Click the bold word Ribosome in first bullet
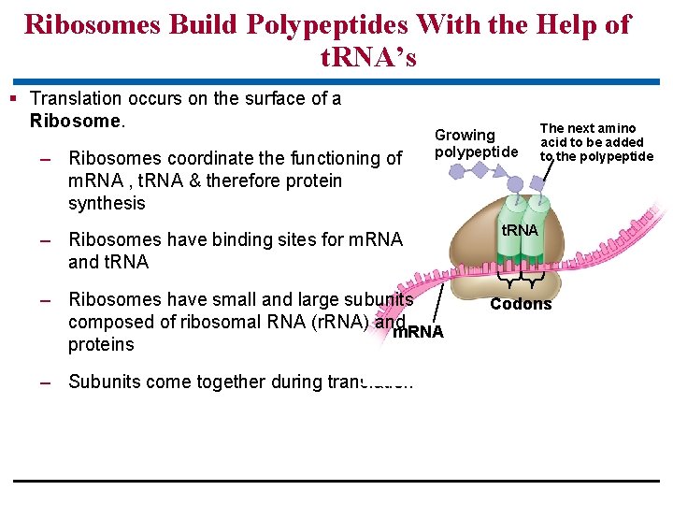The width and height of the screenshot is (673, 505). [x=76, y=121]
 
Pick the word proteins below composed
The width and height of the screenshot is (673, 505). [x=101, y=344]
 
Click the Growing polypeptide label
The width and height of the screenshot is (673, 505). [x=475, y=143]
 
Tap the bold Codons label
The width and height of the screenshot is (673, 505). [x=521, y=304]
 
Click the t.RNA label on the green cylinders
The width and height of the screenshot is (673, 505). [x=520, y=231]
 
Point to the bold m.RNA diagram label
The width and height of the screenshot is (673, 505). [x=418, y=332]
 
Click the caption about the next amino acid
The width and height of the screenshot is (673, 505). [x=596, y=142]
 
